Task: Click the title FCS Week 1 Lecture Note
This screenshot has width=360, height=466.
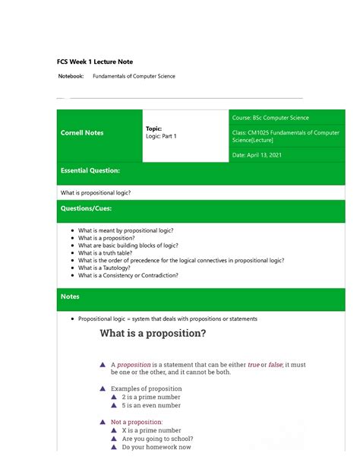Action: (x=96, y=61)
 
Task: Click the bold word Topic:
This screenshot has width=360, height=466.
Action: (x=154, y=128)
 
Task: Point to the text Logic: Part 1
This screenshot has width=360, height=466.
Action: (x=161, y=136)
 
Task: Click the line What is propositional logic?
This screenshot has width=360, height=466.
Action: (x=96, y=192)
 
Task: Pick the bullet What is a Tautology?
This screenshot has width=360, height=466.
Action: (x=109, y=268)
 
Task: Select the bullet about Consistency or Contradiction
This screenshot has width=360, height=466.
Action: (x=128, y=275)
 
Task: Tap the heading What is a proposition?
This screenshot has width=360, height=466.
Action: (x=153, y=334)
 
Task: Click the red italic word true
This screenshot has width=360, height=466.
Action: (x=253, y=365)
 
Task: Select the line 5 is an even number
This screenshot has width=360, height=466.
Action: (x=153, y=406)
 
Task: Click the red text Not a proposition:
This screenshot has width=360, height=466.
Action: (x=137, y=421)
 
